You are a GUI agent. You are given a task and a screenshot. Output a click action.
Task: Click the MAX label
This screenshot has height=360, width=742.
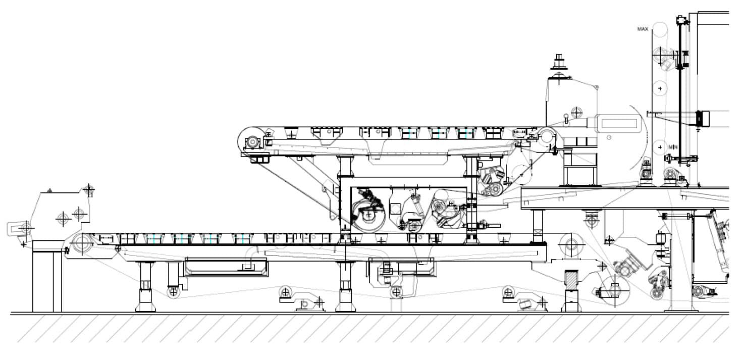pos(643,29)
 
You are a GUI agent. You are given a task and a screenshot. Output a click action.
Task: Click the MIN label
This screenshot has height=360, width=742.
pos(673,146)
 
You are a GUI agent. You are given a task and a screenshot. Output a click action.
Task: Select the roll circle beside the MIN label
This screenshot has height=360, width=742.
pos(660,147)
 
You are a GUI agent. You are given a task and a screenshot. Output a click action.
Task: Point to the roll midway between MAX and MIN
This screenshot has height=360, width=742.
pos(659,88)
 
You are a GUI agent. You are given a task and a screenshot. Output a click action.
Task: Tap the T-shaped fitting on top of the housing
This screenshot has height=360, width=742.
pos(559,62)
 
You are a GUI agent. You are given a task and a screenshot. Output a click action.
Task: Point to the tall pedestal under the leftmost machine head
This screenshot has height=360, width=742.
pos(47,280)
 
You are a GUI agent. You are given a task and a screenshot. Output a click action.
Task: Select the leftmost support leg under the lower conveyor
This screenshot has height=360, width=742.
pos(145,285)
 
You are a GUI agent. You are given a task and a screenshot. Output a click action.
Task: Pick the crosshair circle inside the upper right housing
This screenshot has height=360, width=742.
pos(576,111)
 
